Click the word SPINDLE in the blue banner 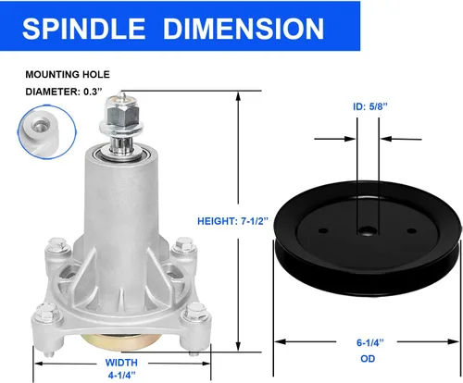[83, 29]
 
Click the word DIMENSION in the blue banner [244, 29]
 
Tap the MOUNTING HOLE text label [68, 75]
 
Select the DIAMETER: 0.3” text [64, 92]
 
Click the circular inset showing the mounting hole [47, 132]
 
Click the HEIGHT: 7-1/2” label [233, 221]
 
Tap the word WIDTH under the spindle [121, 363]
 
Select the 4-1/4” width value [121, 376]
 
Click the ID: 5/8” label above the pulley [369, 106]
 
